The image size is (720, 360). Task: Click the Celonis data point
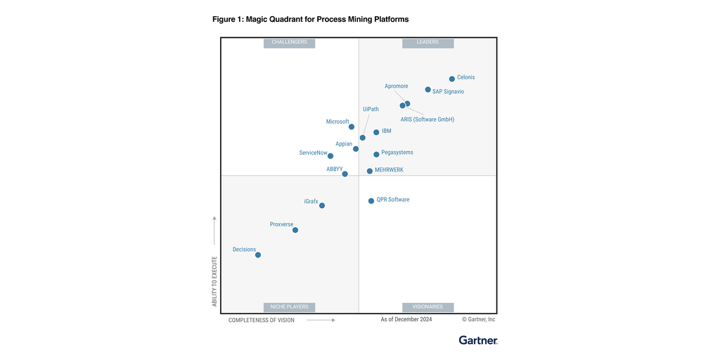pyautogui.click(x=452, y=79)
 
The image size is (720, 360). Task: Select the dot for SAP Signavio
pyautogui.click(x=427, y=90)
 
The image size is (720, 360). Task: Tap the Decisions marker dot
pyautogui.click(x=258, y=255)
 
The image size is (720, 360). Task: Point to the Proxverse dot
pyautogui.click(x=295, y=230)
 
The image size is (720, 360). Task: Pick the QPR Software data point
pyautogui.click(x=371, y=201)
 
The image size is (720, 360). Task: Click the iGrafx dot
pyautogui.click(x=322, y=205)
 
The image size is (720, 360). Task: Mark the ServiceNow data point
pyautogui.click(x=330, y=156)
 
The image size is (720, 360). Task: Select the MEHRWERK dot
pyautogui.click(x=370, y=171)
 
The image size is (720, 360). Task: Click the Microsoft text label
pyautogui.click(x=337, y=122)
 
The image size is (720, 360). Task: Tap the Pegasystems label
pyautogui.click(x=397, y=153)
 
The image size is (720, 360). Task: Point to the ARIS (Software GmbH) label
pyautogui.click(x=427, y=120)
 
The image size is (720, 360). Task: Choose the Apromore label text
pyautogui.click(x=397, y=86)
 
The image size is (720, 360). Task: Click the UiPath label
pyautogui.click(x=371, y=109)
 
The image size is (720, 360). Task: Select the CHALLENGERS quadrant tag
pyautogui.click(x=290, y=42)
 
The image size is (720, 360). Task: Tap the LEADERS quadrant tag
pyautogui.click(x=427, y=42)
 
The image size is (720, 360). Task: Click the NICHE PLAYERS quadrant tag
pyautogui.click(x=290, y=307)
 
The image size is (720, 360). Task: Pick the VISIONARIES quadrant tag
pyautogui.click(x=427, y=307)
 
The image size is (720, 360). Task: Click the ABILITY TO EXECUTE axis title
pyautogui.click(x=214, y=281)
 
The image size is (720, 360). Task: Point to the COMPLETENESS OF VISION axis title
pyautogui.click(x=262, y=320)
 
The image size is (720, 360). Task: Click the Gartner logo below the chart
pyautogui.click(x=478, y=340)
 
